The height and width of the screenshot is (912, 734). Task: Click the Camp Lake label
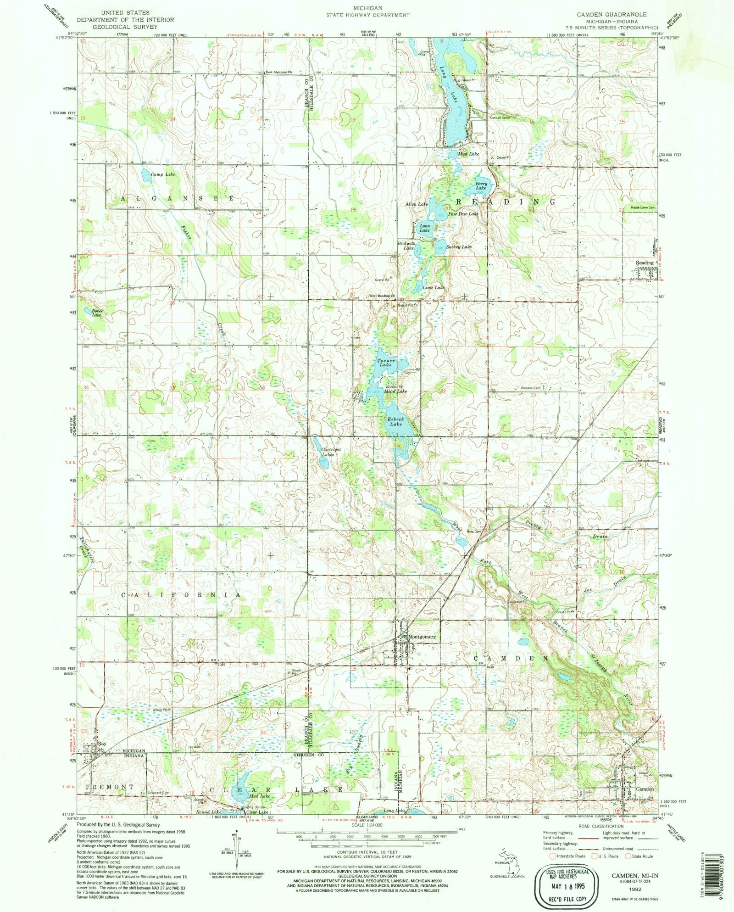163,174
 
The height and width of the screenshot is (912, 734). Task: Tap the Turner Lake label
385,363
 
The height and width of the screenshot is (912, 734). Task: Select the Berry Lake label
481,185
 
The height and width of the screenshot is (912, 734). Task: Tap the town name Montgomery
422,637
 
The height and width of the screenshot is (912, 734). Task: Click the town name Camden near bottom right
645,789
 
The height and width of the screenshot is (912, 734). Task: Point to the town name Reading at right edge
644,263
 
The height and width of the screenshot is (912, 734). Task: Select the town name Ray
102,744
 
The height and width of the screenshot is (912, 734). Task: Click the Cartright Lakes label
331,452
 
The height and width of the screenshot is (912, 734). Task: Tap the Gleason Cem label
531,388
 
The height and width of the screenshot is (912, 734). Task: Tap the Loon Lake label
425,228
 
